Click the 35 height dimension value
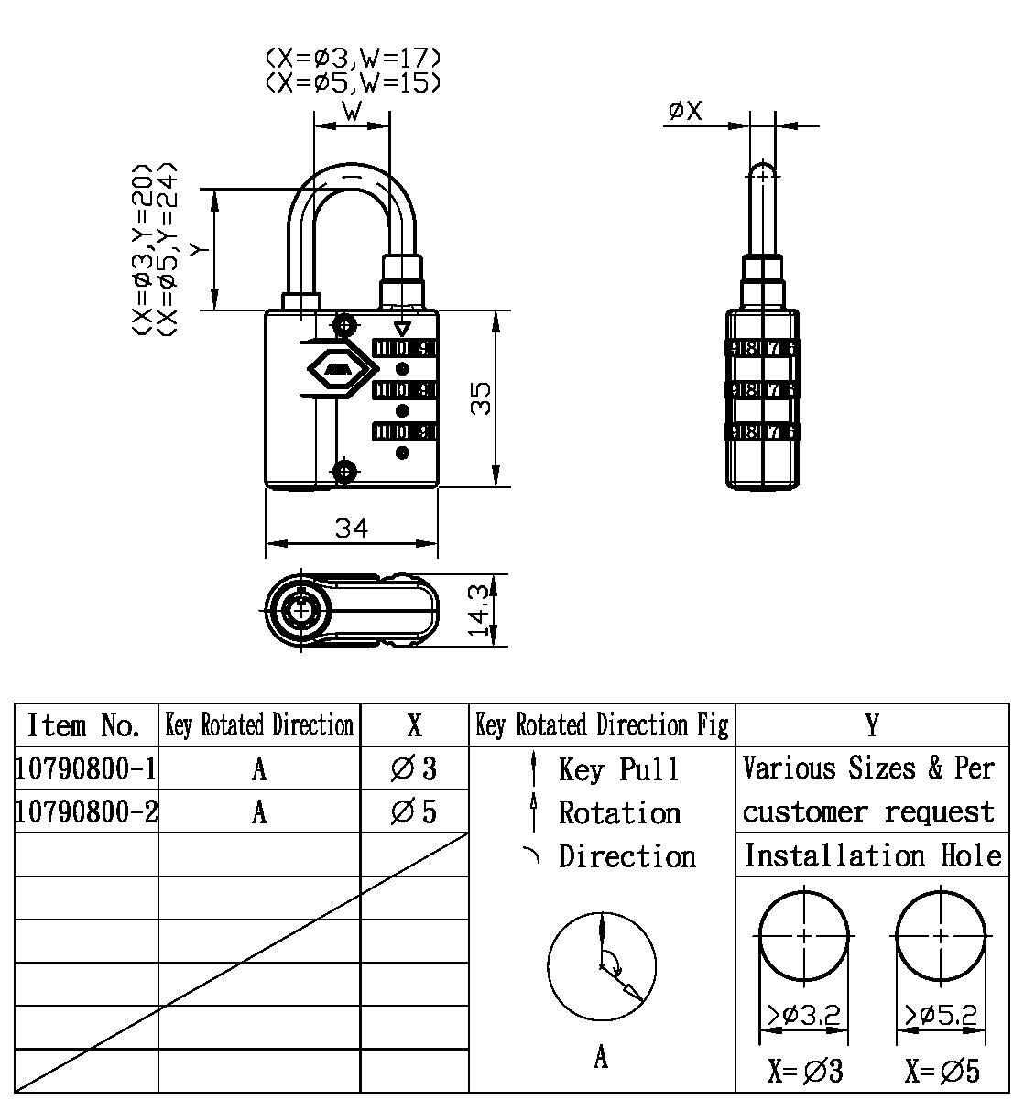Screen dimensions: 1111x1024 click(481, 397)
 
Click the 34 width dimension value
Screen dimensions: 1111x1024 click(351, 528)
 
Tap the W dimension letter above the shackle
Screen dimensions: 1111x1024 click(352, 112)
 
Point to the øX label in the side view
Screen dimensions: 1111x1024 click(685, 112)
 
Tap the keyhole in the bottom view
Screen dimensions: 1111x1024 click(300, 610)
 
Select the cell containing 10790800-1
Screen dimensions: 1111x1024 click(86, 768)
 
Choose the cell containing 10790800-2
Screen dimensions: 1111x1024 click(86, 811)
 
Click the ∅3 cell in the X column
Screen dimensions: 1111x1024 click(414, 768)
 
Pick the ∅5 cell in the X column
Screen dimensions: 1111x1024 click(414, 811)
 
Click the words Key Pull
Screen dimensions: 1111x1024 click(619, 769)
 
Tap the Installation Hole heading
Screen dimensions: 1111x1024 click(872, 855)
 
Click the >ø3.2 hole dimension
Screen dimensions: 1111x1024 click(803, 1015)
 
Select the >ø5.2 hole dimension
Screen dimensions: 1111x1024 click(941, 1015)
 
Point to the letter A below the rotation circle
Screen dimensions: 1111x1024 click(601, 1058)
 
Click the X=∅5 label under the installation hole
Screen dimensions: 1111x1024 click(942, 1071)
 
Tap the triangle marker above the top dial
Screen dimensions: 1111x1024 click(401, 330)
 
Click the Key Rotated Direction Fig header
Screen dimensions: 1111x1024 click(602, 725)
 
